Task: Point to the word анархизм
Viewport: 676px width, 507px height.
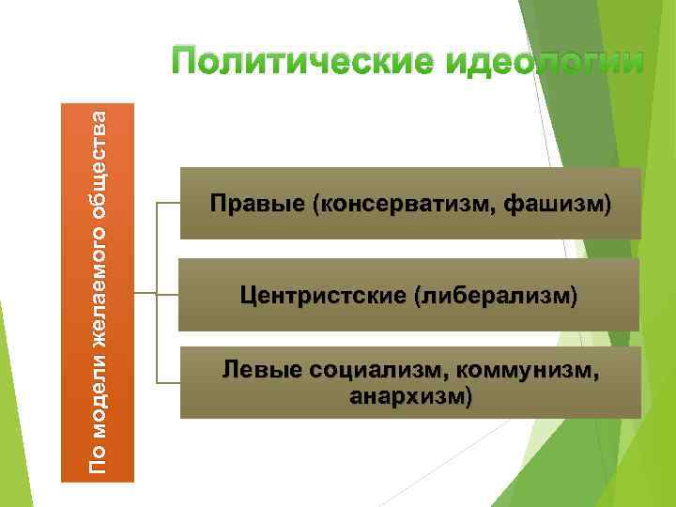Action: (x=405, y=396)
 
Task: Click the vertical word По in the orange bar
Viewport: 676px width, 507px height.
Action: (x=97, y=458)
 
